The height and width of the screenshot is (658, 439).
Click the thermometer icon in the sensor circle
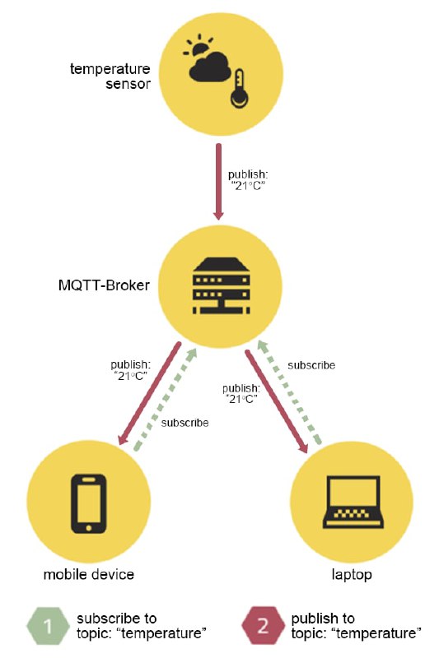[240, 88]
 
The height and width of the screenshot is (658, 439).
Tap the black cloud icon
[210, 67]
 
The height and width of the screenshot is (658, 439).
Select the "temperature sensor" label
[110, 76]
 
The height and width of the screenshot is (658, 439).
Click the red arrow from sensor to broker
[218, 182]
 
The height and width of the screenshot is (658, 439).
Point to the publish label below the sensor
[248, 180]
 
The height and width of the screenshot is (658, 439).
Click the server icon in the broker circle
[221, 285]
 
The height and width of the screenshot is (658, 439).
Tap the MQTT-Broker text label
[104, 285]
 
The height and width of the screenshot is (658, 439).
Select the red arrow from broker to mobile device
[149, 393]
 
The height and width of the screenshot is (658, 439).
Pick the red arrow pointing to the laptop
[277, 401]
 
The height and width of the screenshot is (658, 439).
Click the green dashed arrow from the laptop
[289, 392]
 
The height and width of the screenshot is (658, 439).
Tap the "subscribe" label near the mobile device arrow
[184, 423]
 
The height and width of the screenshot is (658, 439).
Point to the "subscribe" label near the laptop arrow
[311, 365]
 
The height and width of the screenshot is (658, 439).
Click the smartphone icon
[89, 503]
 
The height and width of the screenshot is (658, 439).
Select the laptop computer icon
[353, 502]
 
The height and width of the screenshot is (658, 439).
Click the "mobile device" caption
[89, 574]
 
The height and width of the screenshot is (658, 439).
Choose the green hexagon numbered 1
[48, 626]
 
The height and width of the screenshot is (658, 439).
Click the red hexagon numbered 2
[263, 625]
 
